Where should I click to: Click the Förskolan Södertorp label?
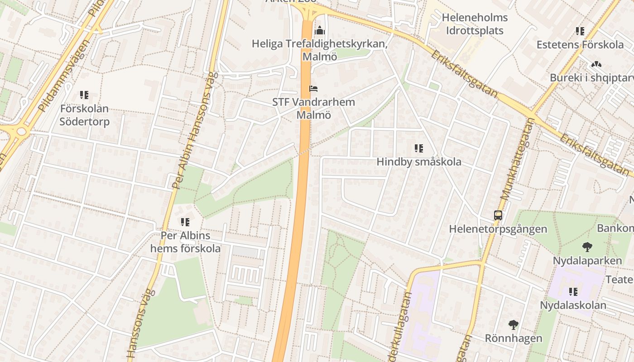coord(85,115)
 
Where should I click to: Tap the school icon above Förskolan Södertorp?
coord(84,95)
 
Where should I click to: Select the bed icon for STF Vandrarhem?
coord(313,88)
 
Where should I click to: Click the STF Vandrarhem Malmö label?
coord(313,109)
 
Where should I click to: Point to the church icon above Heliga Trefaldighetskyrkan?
coord(320,31)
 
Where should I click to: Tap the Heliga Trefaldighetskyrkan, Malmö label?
coord(320,50)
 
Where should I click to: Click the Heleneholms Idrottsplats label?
coord(475,24)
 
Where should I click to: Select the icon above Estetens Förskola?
coord(580,31)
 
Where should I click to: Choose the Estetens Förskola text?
coord(580,45)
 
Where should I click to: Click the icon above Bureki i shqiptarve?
coord(596,64)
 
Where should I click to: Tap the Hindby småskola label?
coord(419,162)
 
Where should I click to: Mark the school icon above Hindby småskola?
coord(419,148)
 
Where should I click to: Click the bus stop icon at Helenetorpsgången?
coord(498,215)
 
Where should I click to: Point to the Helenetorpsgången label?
coord(498,229)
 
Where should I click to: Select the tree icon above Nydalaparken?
coord(587,247)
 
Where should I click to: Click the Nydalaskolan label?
coord(573,305)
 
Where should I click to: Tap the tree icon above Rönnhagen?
coord(513,324)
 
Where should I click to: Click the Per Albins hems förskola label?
coord(186,242)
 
